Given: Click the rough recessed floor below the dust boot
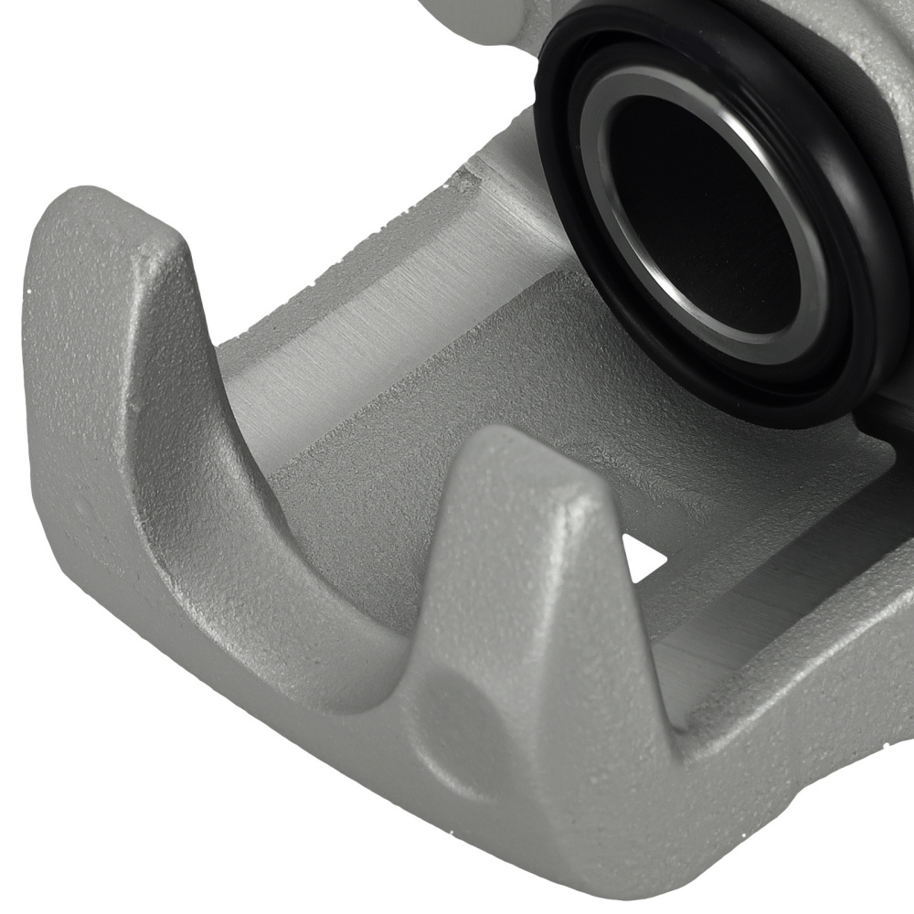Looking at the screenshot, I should [x=640, y=457].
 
